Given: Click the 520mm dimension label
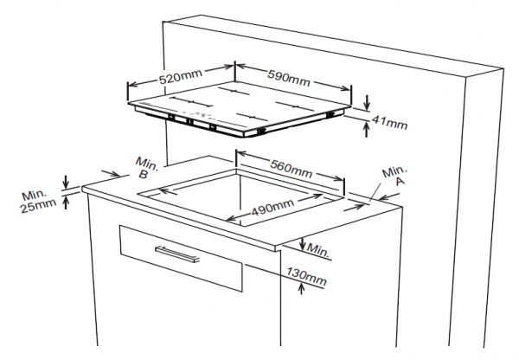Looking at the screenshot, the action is pos(181,76).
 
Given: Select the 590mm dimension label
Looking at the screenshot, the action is pos(289,78).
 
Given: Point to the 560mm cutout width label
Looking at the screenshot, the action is pos(292,169).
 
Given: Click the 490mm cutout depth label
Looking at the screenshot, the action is pos(272,208).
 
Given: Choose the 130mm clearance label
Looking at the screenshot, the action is pos(306,277).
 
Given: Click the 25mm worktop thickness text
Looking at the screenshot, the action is pos(38,206).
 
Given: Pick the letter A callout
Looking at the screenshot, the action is pos(400,181).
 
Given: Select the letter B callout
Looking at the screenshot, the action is pos(143,174).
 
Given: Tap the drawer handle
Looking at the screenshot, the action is pos(177,254).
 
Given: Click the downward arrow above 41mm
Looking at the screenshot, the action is pos(367,102).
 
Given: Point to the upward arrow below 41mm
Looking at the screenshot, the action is pos(366,129).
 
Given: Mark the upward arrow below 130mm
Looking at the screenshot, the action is pos(301,288).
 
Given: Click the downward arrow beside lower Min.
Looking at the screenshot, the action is pos(303,244).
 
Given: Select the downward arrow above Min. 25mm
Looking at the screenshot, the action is pos(66,182).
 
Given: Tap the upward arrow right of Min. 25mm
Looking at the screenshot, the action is pos(66,202).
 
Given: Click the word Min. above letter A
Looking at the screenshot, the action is pos(394,171).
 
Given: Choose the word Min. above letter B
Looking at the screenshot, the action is pos(147,164).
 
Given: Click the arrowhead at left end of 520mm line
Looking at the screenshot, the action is pos(132,85).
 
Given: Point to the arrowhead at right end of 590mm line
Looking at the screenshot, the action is pos(344,88).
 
